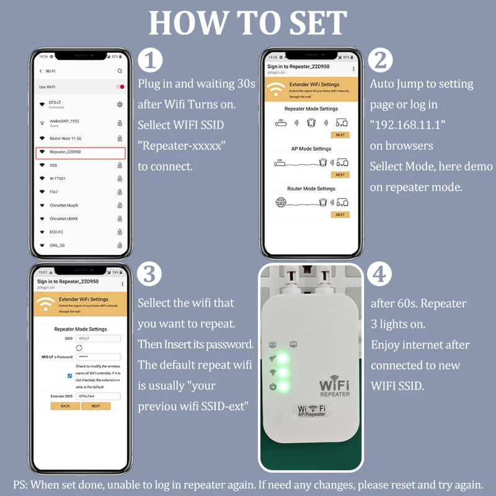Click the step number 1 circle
click(x=150, y=61)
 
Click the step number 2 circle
click(x=381, y=61)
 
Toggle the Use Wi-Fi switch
click(x=120, y=87)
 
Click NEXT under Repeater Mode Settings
click(x=340, y=135)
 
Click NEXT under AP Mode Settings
click(x=340, y=175)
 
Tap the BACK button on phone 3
click(x=65, y=406)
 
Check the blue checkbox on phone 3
click(x=69, y=376)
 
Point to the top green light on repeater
click(x=283, y=358)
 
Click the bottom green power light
click(x=283, y=387)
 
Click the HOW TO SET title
click(x=248, y=23)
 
